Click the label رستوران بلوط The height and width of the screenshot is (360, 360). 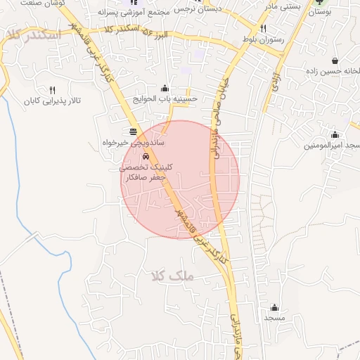[x=263, y=41]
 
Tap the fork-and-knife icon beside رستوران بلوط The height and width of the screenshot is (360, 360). [x=263, y=29]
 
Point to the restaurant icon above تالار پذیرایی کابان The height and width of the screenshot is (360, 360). [x=52, y=90]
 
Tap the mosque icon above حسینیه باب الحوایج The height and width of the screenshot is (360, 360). [x=165, y=88]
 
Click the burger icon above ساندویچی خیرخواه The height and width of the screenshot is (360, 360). [x=134, y=131]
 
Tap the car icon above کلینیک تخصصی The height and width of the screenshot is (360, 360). [x=146, y=157]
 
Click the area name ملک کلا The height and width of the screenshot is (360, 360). [x=172, y=276]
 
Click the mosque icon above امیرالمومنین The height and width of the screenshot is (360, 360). [x=335, y=134]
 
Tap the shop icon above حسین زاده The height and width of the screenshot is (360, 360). [x=334, y=60]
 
